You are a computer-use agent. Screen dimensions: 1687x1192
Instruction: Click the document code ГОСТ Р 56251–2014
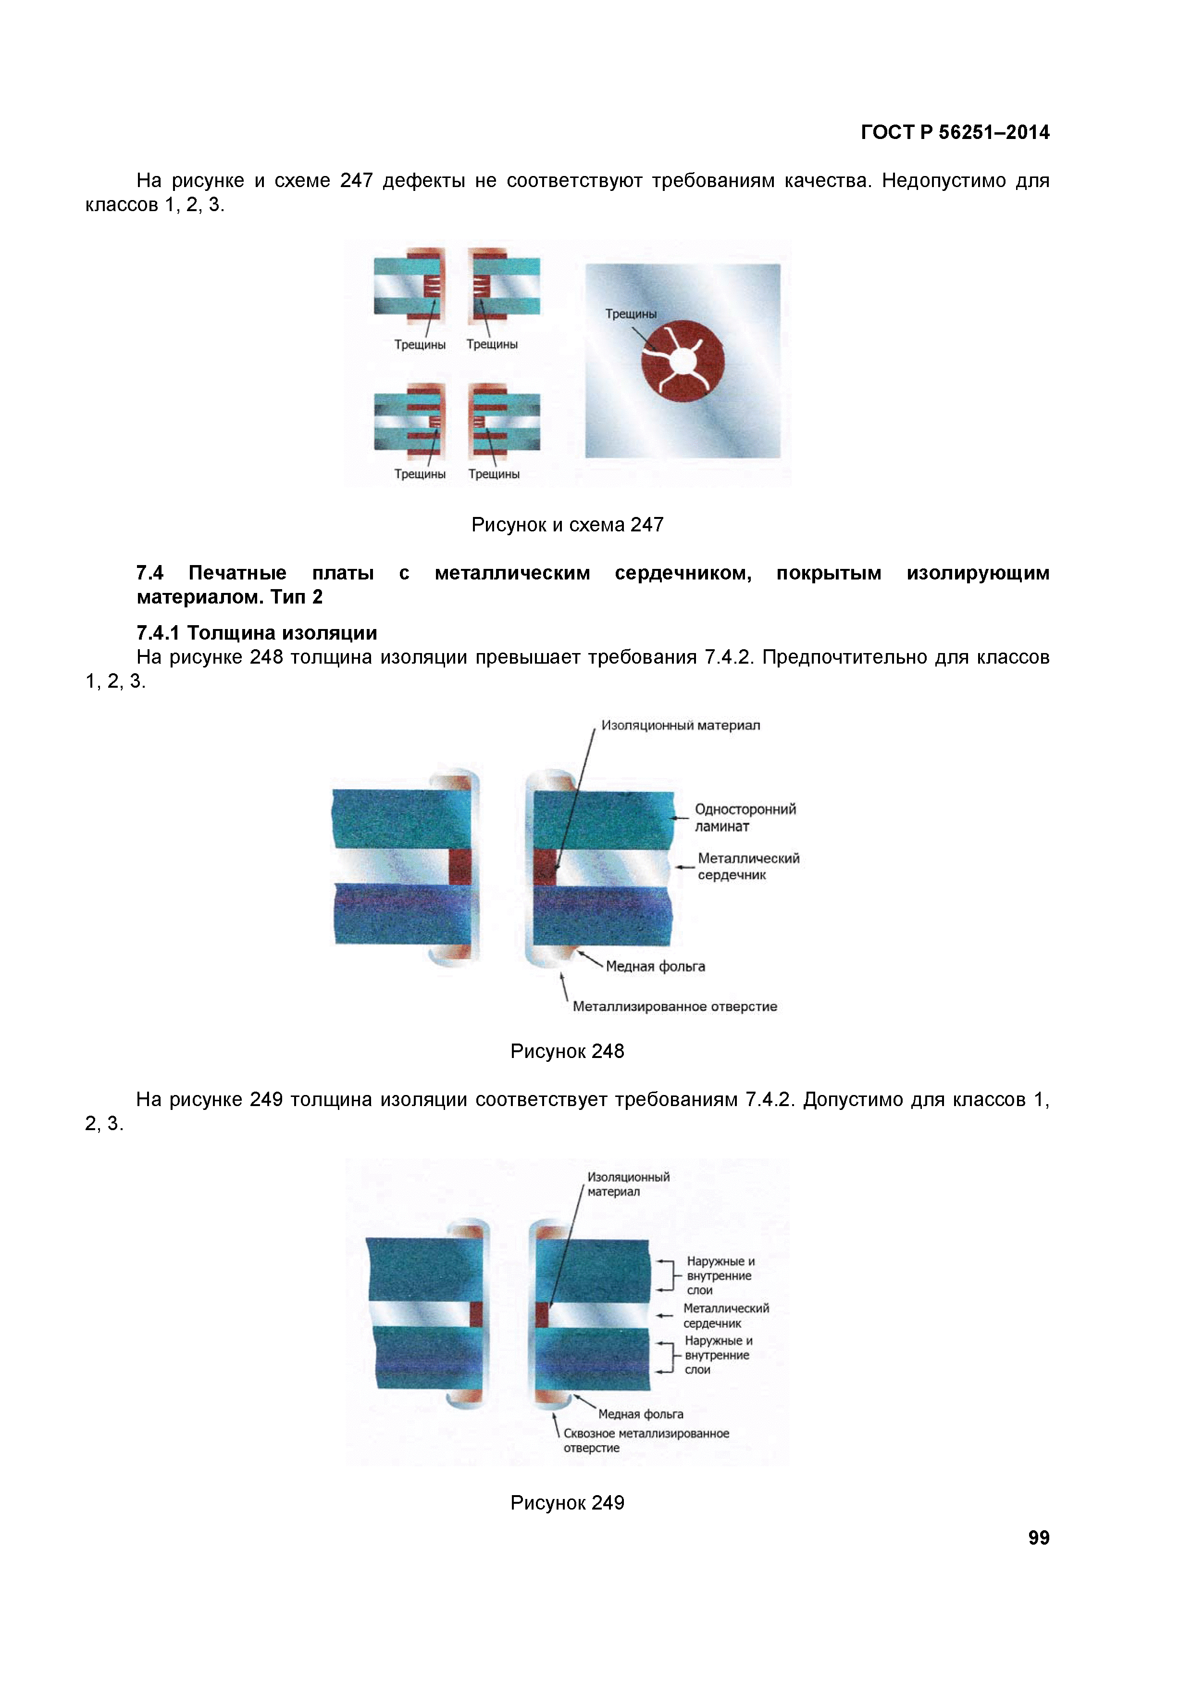pyautogui.click(x=954, y=132)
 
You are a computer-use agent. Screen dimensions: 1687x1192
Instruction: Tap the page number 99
pyautogui.click(x=1038, y=1537)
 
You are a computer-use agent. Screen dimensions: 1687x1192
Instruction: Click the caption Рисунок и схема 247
pyautogui.click(x=567, y=525)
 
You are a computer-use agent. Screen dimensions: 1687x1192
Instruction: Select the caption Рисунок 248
pyautogui.click(x=567, y=1051)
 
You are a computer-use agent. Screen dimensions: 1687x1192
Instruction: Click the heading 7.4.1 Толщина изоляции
pyautogui.click(x=257, y=633)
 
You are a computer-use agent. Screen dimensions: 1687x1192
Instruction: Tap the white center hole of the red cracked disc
pyautogui.click(x=683, y=361)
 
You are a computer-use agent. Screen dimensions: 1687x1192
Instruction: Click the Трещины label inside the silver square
pyautogui.click(x=630, y=314)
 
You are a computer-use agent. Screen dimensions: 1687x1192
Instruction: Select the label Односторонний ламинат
pyautogui.click(x=745, y=817)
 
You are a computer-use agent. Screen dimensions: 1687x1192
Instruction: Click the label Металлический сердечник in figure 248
pyautogui.click(x=748, y=866)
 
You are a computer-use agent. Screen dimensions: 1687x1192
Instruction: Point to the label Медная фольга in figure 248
pyautogui.click(x=655, y=966)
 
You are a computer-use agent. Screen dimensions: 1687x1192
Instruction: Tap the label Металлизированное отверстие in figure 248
pyautogui.click(x=674, y=1007)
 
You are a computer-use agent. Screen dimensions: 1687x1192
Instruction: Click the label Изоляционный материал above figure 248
pyautogui.click(x=680, y=725)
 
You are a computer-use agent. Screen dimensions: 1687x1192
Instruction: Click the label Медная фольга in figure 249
pyautogui.click(x=640, y=1414)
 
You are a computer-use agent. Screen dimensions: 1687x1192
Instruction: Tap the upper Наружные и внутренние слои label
pyautogui.click(x=719, y=1275)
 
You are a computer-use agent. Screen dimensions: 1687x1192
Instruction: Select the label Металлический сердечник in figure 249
pyautogui.click(x=726, y=1315)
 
